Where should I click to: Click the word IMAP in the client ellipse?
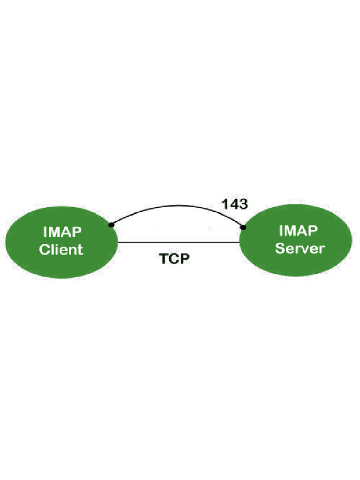61,232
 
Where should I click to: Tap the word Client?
61,249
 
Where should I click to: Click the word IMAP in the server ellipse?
299,231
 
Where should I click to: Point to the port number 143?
234,204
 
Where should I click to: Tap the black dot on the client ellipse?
111,225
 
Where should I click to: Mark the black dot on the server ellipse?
243,227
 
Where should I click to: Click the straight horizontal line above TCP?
178,242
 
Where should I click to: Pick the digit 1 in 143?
224,204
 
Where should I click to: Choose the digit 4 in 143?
233,204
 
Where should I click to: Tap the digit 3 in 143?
243,204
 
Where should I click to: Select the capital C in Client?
45,249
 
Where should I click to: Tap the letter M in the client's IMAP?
54,232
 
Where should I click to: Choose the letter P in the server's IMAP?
313,231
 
